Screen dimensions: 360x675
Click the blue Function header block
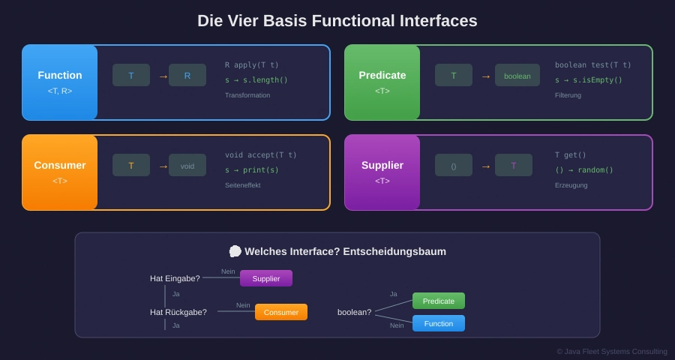(60, 82)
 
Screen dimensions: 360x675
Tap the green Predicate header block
(382, 82)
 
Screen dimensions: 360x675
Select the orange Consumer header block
(60, 172)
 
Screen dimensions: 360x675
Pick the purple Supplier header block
(382, 172)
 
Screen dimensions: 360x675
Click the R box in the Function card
(187, 75)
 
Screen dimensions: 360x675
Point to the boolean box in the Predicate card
(517, 75)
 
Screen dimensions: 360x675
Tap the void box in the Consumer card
(187, 165)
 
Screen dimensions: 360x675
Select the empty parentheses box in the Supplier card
(454, 165)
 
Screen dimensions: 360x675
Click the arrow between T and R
(163, 76)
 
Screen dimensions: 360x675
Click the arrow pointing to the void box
(163, 166)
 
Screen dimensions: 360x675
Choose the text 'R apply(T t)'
(252, 64)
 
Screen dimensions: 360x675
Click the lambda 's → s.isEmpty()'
(589, 80)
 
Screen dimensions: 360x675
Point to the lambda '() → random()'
(584, 170)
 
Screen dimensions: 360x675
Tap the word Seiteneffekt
(243, 185)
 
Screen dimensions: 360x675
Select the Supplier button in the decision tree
(266, 278)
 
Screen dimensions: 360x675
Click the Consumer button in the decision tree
(281, 312)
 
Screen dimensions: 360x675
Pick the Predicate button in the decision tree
(439, 301)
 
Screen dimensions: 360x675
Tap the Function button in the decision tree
(439, 323)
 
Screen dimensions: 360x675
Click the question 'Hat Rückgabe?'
(178, 312)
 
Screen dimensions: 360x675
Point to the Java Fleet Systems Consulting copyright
(612, 351)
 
